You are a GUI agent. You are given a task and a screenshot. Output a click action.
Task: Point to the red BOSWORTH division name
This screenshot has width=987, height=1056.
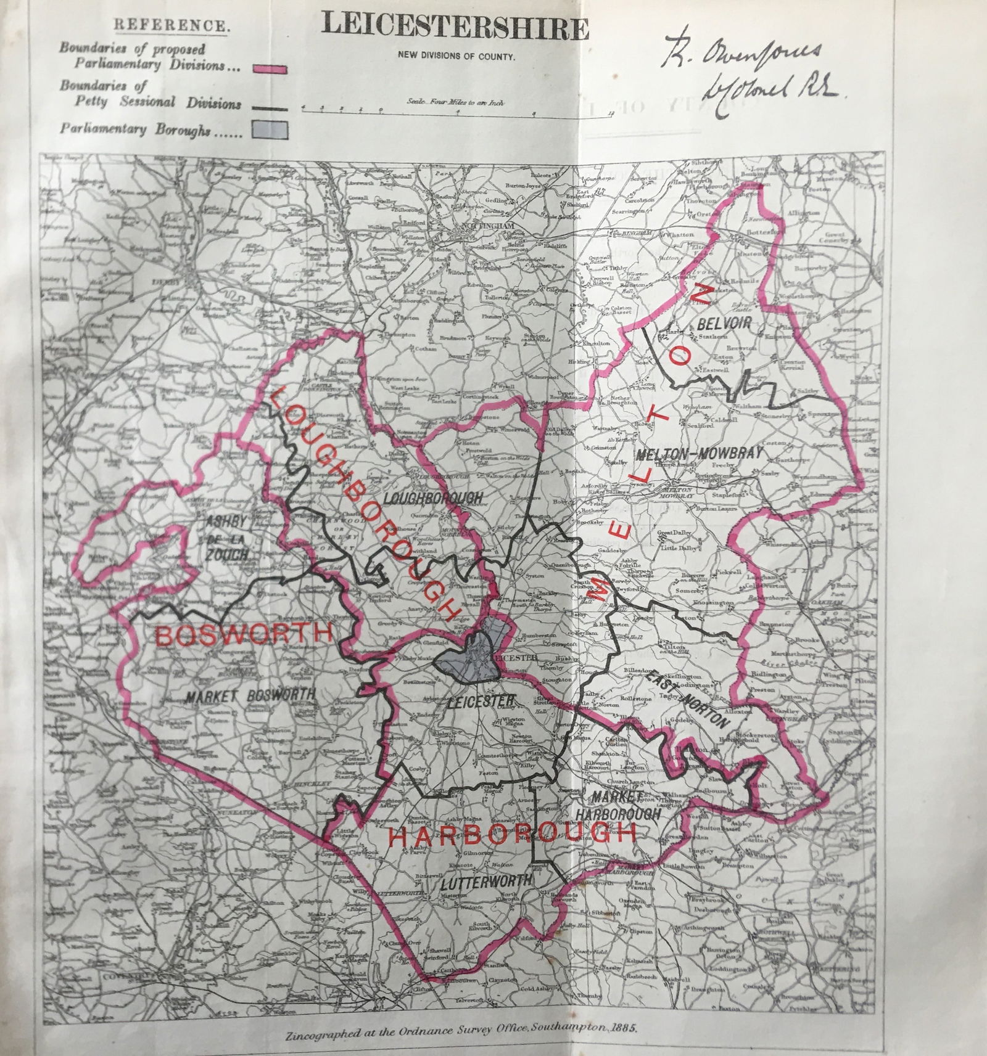[244, 634]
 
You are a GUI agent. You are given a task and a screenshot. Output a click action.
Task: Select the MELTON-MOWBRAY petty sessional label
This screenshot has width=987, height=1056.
[699, 453]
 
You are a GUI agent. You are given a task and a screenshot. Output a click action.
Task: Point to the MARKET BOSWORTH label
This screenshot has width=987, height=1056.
[250, 695]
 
